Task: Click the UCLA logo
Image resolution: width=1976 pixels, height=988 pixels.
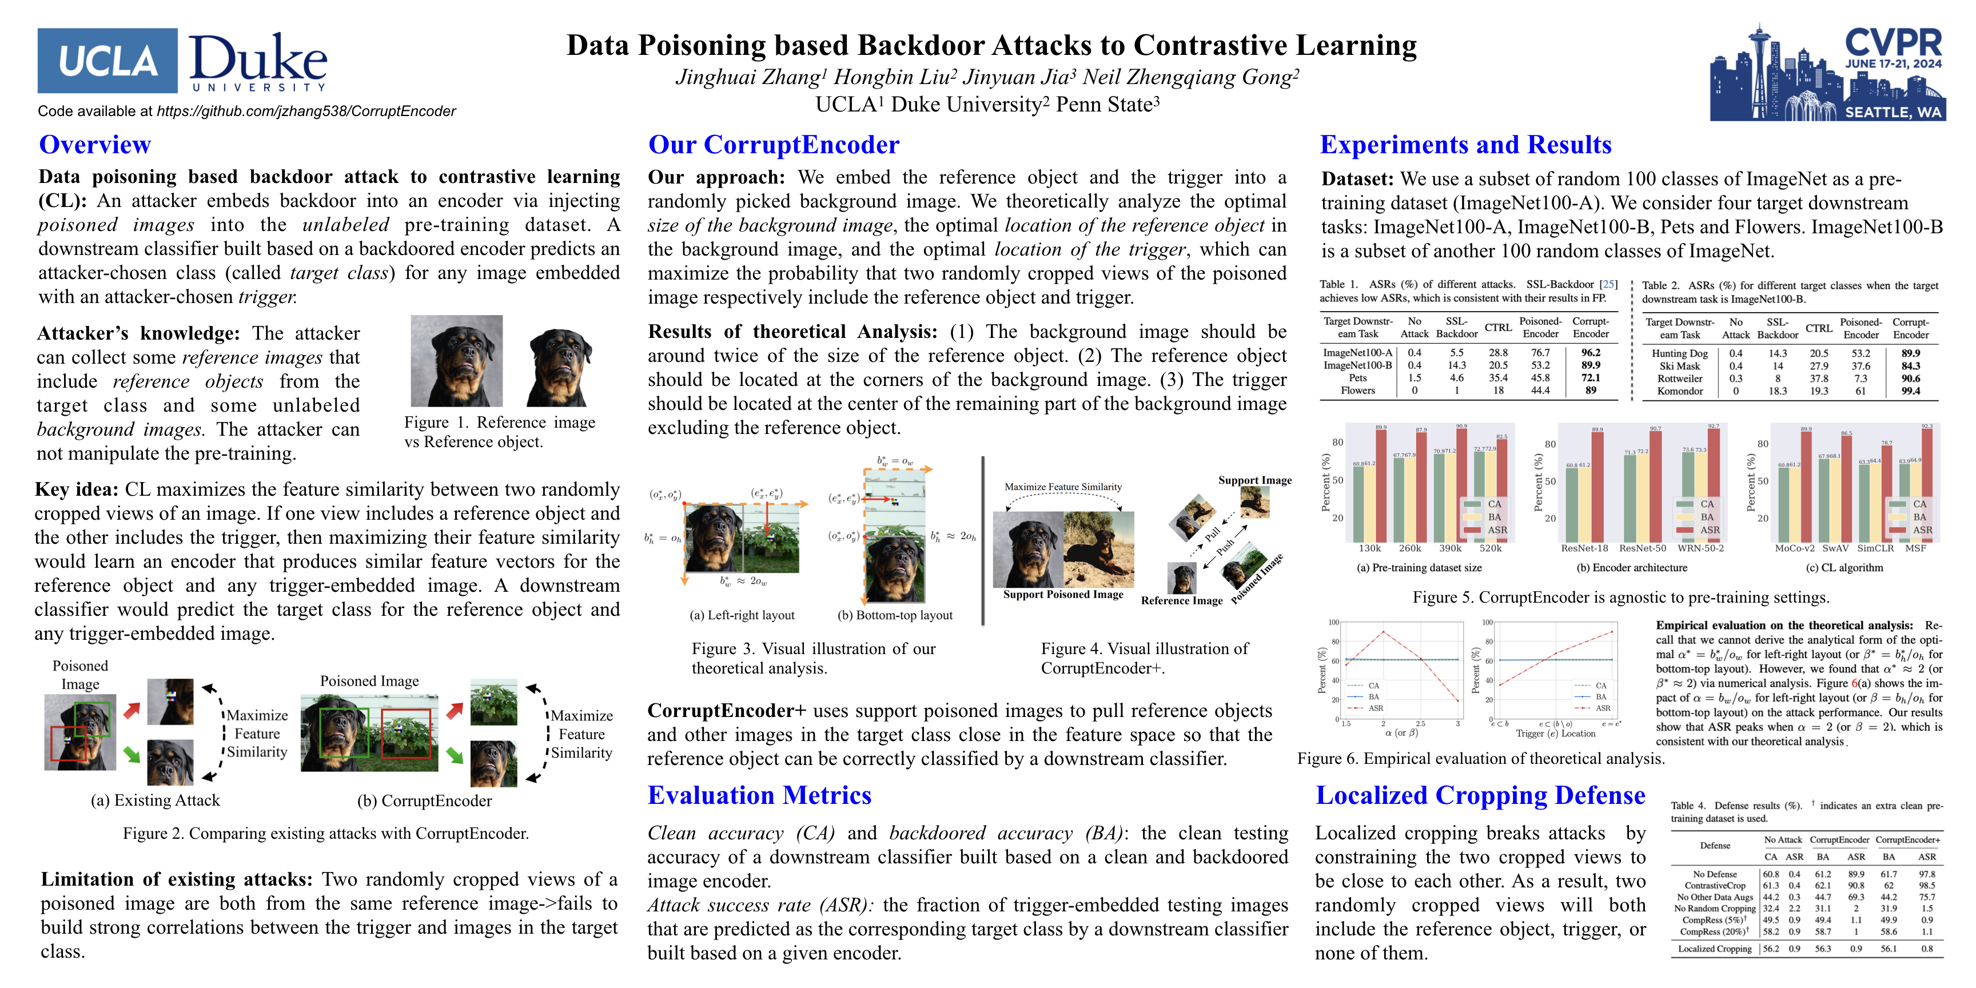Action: tap(107, 61)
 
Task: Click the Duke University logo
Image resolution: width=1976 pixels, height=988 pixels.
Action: tap(258, 61)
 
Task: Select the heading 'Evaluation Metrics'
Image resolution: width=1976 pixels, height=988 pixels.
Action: tap(759, 795)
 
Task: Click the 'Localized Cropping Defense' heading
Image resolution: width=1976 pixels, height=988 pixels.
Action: tap(1480, 795)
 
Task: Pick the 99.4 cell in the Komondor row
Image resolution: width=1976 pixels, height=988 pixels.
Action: tap(1910, 391)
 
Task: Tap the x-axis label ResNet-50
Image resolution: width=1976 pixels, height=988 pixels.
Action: tap(1642, 548)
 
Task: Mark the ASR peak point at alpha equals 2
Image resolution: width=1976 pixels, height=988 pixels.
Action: tap(1383, 631)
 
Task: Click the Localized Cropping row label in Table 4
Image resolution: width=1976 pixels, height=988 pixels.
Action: tap(1715, 949)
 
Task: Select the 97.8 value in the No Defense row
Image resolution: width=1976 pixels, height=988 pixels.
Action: tap(1926, 874)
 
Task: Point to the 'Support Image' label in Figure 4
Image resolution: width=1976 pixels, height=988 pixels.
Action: tap(1254, 480)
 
